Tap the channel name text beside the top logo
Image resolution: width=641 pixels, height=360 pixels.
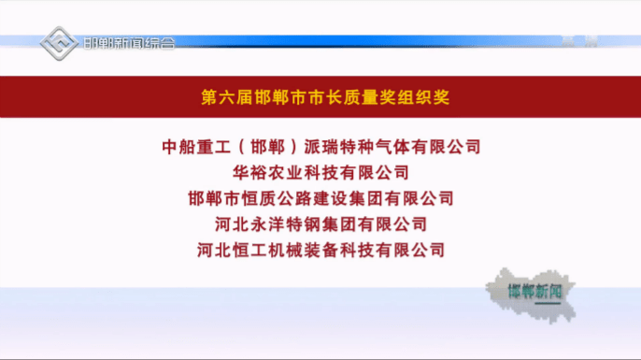[x=129, y=44]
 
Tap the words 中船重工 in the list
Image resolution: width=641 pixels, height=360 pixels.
[x=193, y=147]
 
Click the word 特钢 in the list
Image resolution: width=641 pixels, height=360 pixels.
[x=296, y=224]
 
